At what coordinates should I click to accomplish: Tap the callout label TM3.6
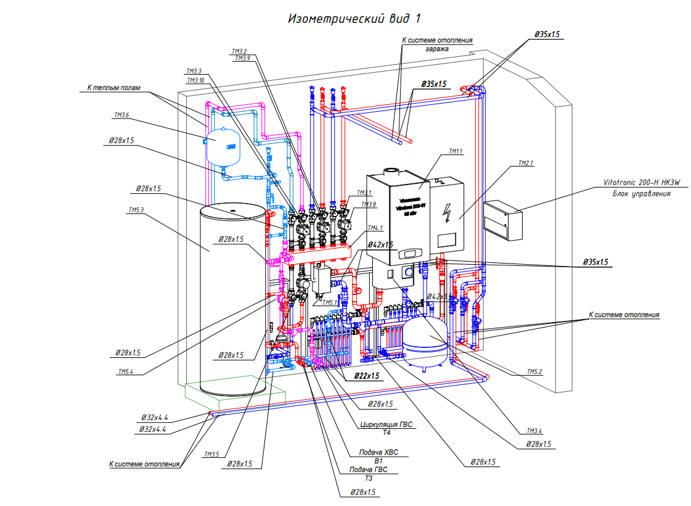(121, 115)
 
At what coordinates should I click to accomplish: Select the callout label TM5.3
(136, 210)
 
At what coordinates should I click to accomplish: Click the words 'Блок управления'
(641, 193)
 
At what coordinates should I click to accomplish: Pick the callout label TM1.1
(456, 151)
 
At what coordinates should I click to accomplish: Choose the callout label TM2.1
(523, 164)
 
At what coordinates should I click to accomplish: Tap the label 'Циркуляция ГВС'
(385, 425)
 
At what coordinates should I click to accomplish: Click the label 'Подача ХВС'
(383, 452)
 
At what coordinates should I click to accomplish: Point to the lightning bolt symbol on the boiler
(448, 214)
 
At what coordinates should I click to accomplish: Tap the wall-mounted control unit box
(502, 219)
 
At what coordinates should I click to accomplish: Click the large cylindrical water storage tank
(231, 296)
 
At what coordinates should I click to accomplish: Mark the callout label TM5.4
(126, 371)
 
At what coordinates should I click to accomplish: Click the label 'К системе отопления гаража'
(437, 44)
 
